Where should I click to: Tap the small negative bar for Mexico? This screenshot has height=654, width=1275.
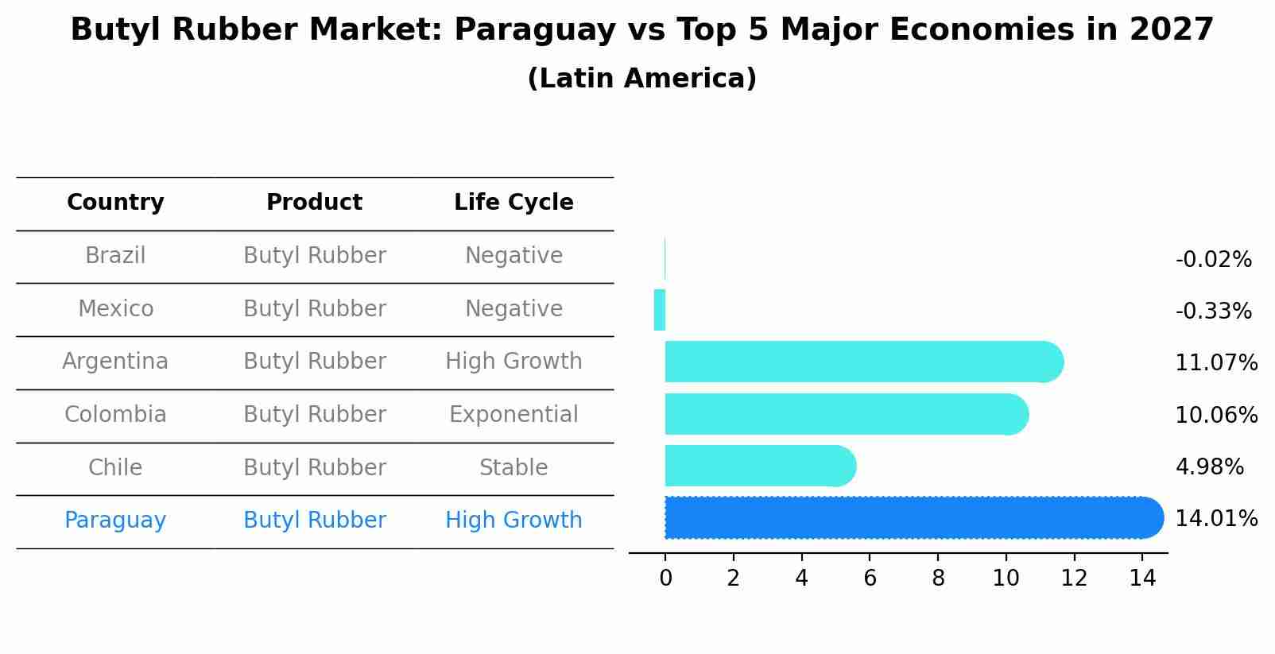click(660, 310)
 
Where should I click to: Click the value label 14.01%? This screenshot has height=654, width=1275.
click(1215, 519)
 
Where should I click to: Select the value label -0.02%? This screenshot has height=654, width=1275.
click(1213, 260)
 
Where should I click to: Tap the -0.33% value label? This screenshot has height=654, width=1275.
click(1213, 312)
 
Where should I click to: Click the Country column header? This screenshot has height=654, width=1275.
click(115, 203)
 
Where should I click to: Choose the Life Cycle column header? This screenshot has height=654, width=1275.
click(513, 203)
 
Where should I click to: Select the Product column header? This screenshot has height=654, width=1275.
click(314, 203)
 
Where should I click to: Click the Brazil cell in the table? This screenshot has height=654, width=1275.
click(115, 256)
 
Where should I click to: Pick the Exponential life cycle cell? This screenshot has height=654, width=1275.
click(513, 415)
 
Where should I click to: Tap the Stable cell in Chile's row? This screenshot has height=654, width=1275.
click(513, 468)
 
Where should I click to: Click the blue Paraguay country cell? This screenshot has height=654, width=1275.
click(115, 520)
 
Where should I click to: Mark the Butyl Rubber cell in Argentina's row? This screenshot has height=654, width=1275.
click(314, 362)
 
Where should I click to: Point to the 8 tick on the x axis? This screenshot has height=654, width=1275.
click(938, 579)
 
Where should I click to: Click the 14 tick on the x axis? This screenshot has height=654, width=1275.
click(1142, 579)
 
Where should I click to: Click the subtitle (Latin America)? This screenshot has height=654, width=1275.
click(641, 79)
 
